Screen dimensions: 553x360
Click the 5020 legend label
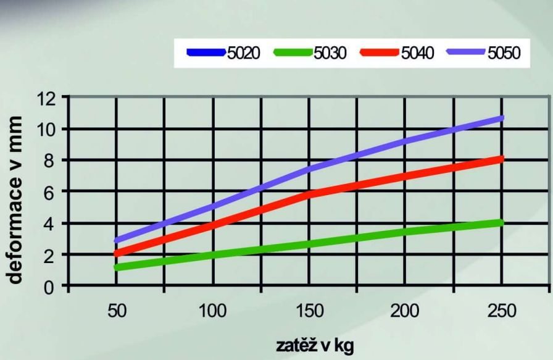click(244, 53)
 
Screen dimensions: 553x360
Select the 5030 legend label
click(330, 53)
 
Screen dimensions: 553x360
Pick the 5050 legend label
click(504, 53)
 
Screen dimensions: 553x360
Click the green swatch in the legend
click(293, 52)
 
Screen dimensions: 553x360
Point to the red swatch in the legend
click(380, 52)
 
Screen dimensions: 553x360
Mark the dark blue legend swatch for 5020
click(206, 52)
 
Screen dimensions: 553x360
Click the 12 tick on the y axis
click(46, 99)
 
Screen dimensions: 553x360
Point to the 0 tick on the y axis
click(50, 288)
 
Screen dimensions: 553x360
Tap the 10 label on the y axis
click(46, 130)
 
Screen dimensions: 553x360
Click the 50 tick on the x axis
click(117, 311)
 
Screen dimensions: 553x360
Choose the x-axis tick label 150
click(309, 311)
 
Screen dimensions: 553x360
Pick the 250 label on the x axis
click(502, 311)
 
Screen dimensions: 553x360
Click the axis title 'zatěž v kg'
click(314, 346)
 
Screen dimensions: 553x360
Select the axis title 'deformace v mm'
click(15, 200)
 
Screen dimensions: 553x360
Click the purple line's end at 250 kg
click(502, 118)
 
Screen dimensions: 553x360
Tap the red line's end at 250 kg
click(502, 159)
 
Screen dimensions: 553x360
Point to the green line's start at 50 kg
click(117, 267)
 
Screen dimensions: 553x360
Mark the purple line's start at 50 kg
click(117, 241)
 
